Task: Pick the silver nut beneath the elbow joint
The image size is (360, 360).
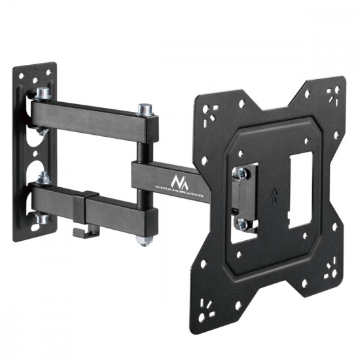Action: click(x=141, y=241)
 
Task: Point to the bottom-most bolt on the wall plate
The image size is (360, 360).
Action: click(x=42, y=218)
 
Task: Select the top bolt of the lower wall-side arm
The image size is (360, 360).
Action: click(x=43, y=175)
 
